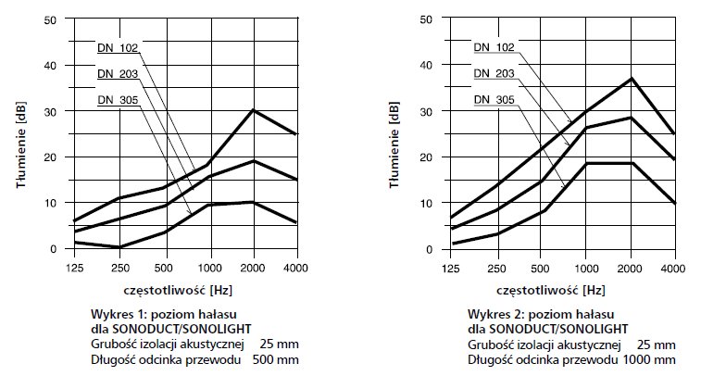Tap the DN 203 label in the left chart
(117, 72)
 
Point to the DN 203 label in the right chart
(494, 73)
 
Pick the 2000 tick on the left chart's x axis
(253, 268)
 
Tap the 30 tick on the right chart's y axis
(427, 111)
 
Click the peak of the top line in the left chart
(253, 110)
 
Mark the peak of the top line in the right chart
(631, 78)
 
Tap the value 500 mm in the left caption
(278, 357)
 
